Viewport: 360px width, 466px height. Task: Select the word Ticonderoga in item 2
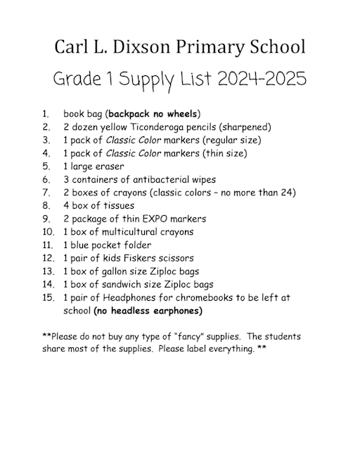click(x=146, y=127)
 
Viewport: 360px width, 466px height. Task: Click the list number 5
click(x=46, y=167)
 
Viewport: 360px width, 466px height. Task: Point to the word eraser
click(x=108, y=167)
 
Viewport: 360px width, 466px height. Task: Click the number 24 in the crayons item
click(x=289, y=193)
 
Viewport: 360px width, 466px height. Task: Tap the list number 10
click(x=48, y=232)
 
